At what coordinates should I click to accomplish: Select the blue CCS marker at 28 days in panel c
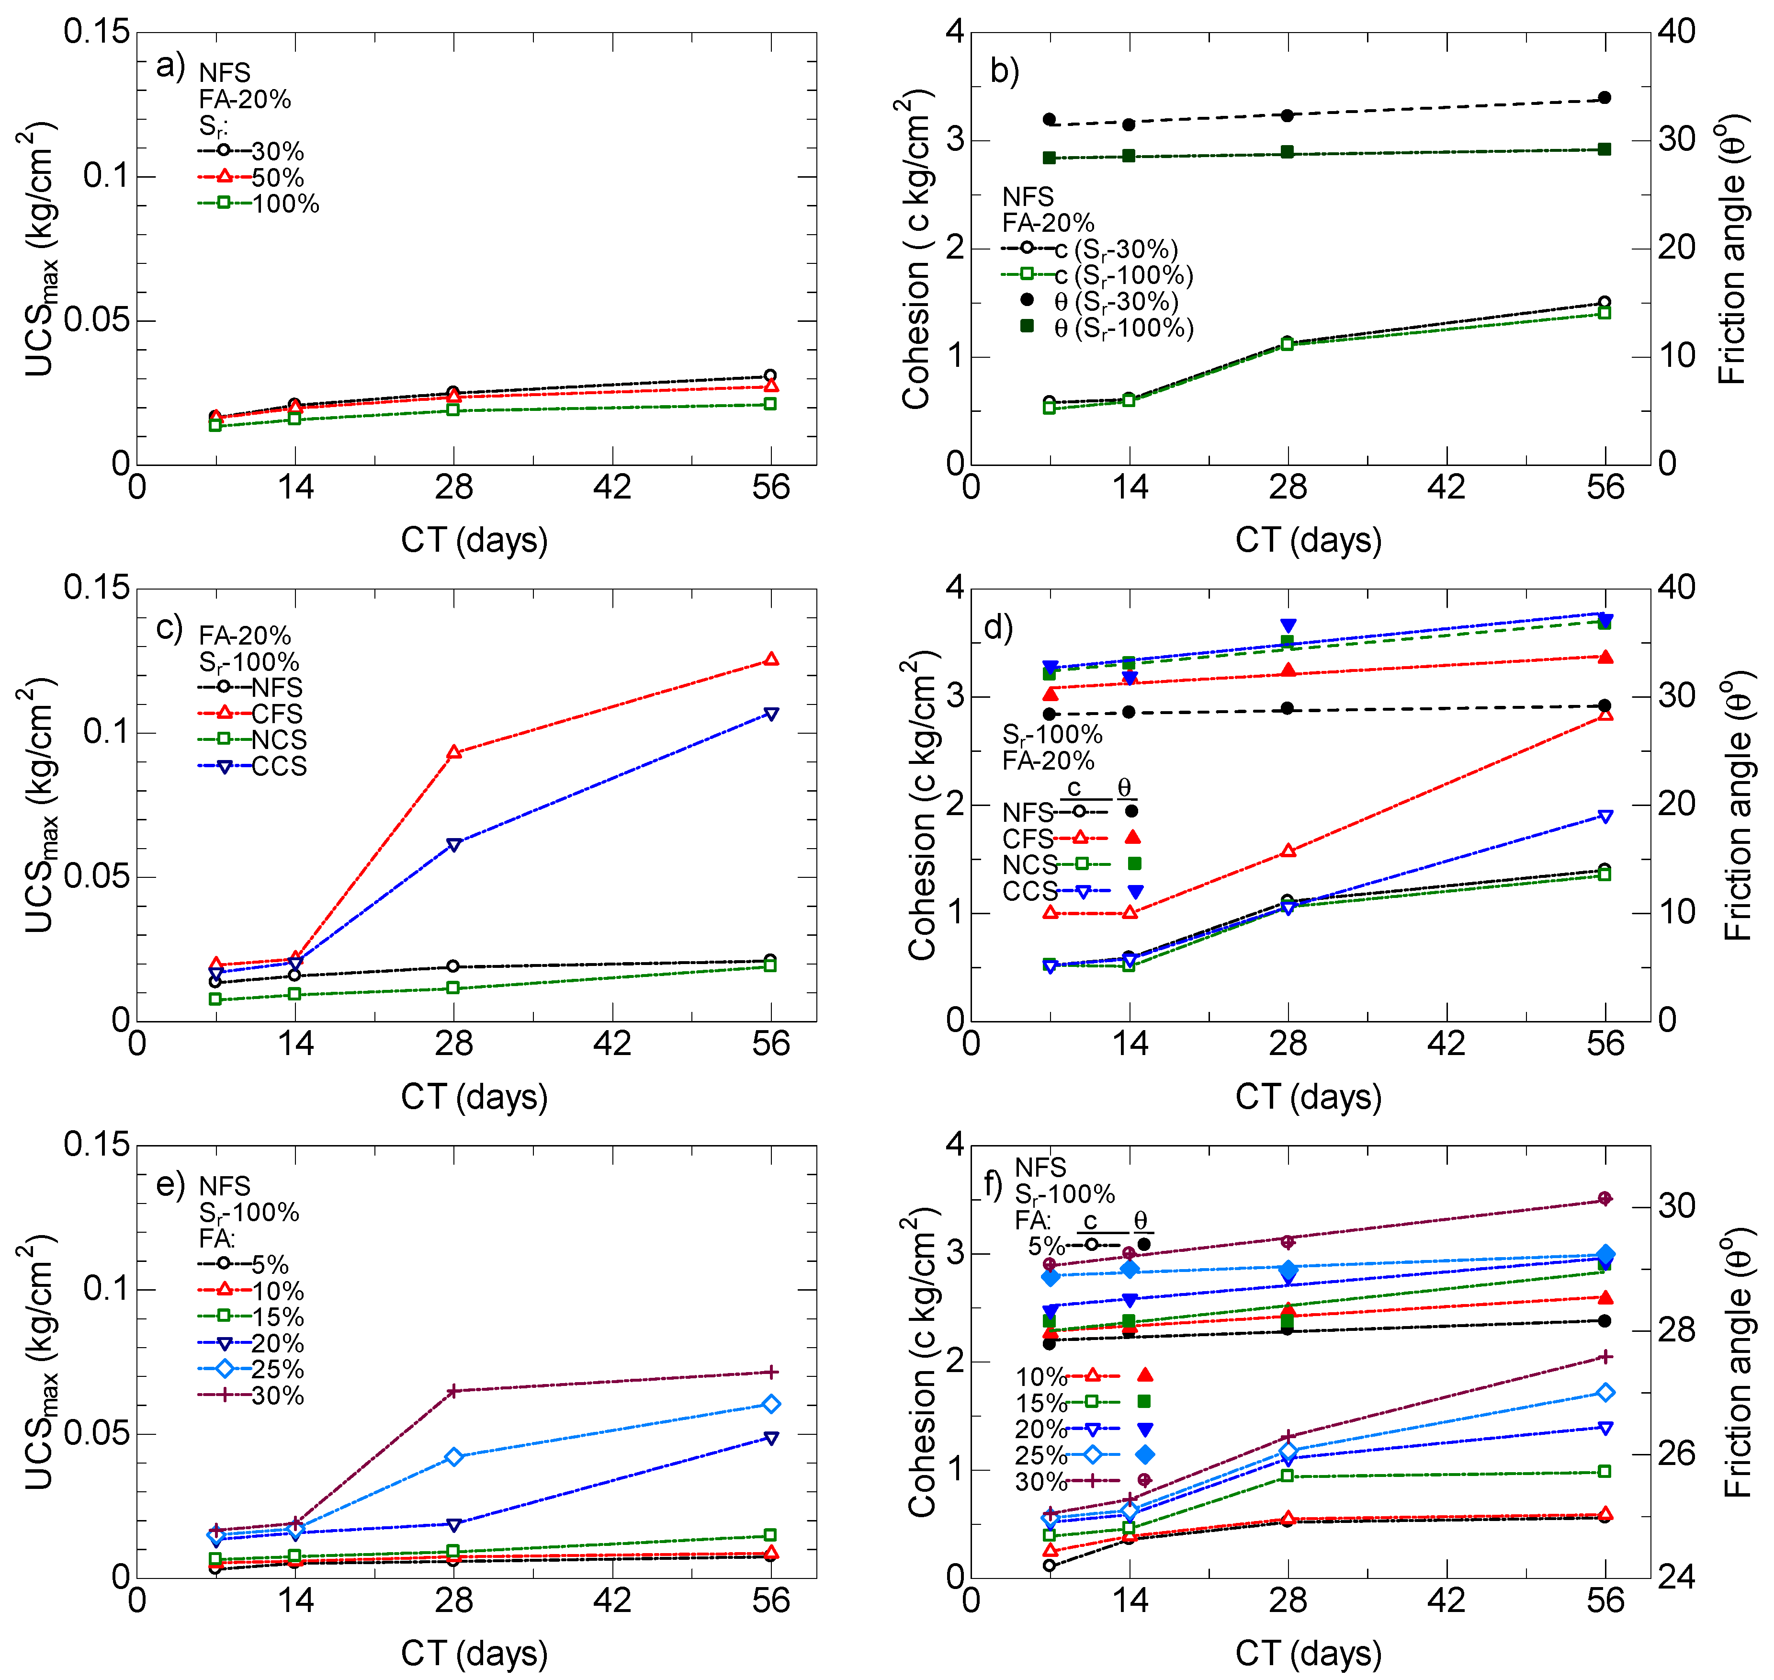454,844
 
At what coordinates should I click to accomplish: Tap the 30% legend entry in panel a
252,150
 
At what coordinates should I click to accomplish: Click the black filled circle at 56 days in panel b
1605,98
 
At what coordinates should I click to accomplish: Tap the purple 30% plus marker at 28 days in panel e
454,1391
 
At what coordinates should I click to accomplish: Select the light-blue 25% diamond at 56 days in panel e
771,1404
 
